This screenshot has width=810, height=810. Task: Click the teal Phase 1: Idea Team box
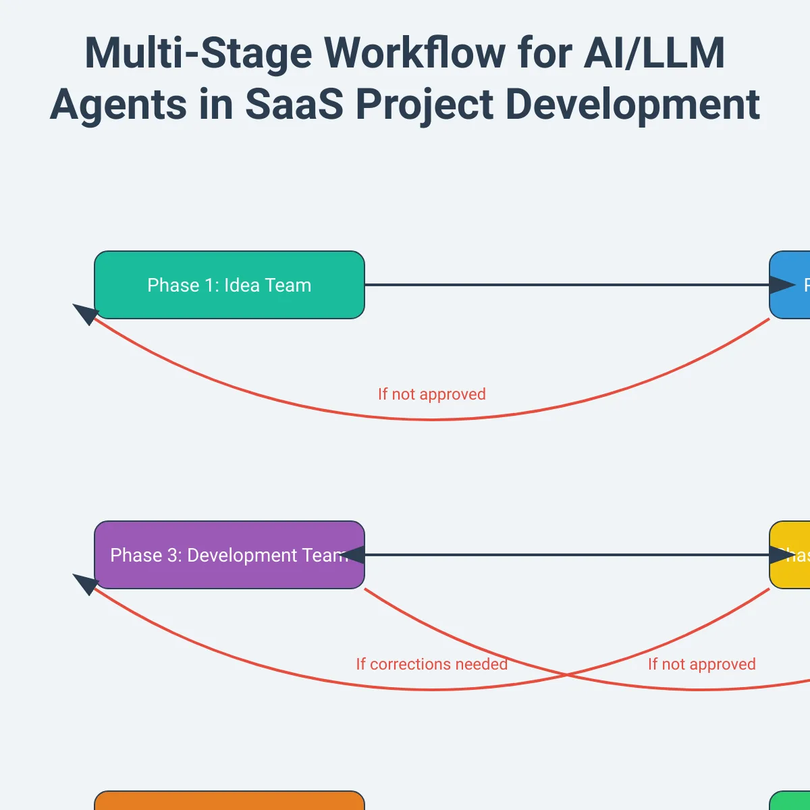click(230, 285)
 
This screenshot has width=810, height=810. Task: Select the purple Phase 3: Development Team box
click(230, 555)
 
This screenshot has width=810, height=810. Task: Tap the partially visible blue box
click(790, 285)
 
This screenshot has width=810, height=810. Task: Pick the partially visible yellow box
click(790, 555)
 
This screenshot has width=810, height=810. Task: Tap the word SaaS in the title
click(294, 105)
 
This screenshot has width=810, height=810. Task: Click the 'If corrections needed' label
click(431, 664)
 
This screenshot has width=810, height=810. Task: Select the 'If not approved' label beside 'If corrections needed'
click(701, 664)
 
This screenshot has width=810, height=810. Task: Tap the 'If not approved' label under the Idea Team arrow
click(431, 394)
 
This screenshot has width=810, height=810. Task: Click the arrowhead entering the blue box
click(783, 285)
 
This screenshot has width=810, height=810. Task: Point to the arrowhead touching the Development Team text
click(352, 555)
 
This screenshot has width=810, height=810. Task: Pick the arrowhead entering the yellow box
click(783, 555)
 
